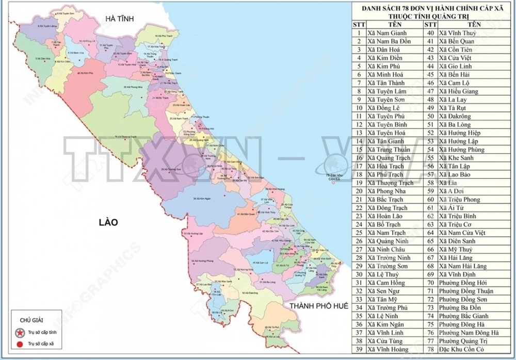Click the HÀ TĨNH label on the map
point(119,19)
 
